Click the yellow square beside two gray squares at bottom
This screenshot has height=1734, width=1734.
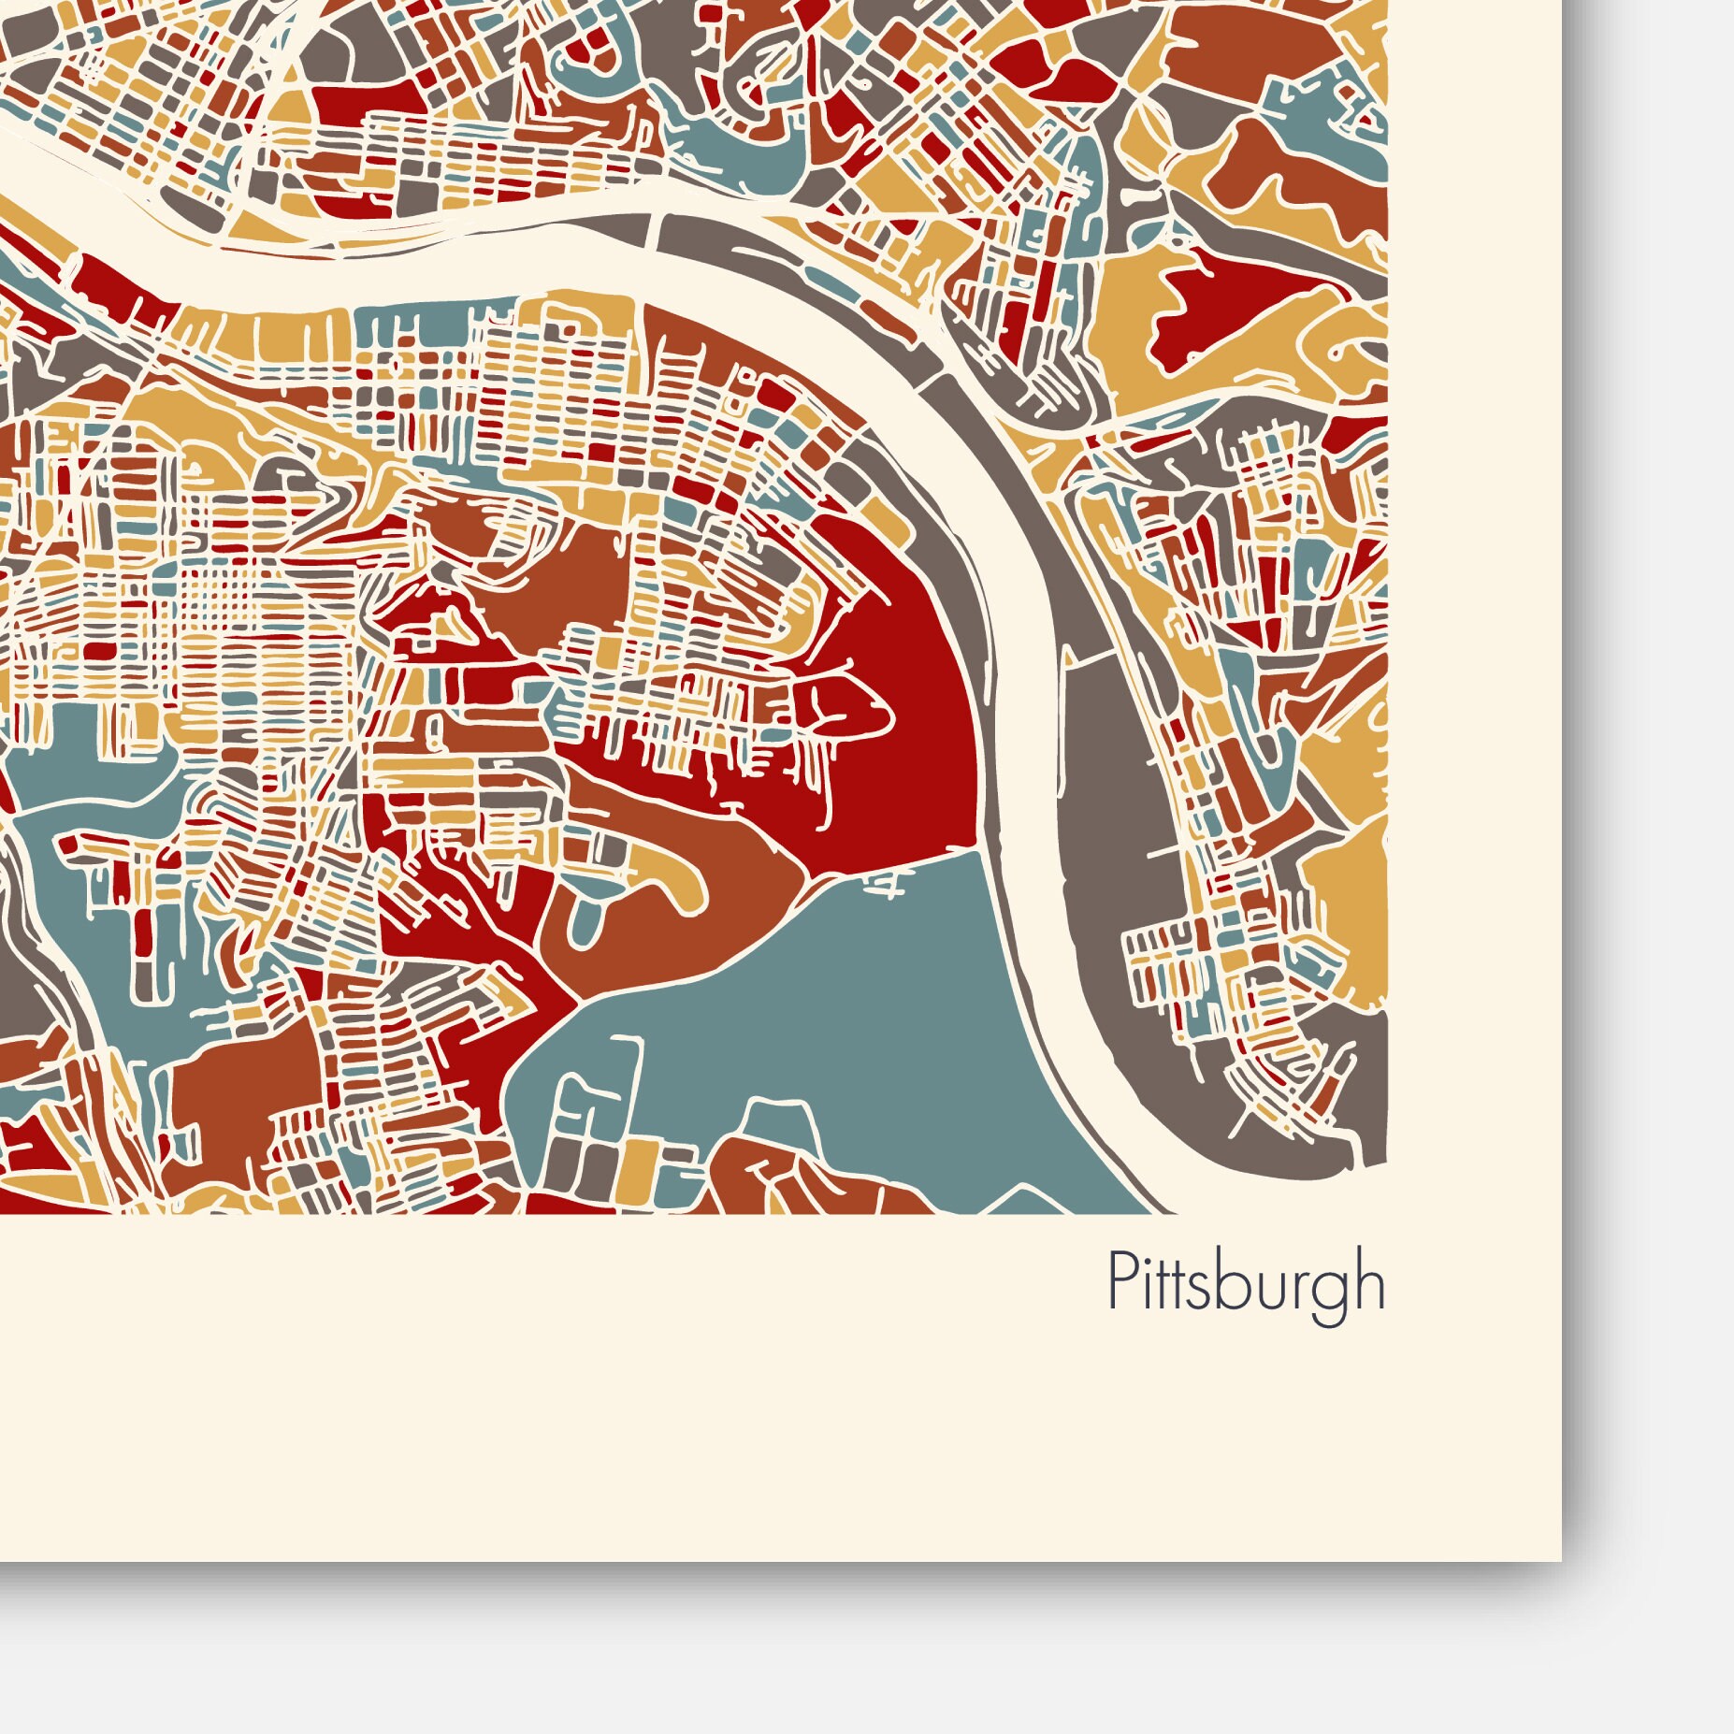point(637,1164)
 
